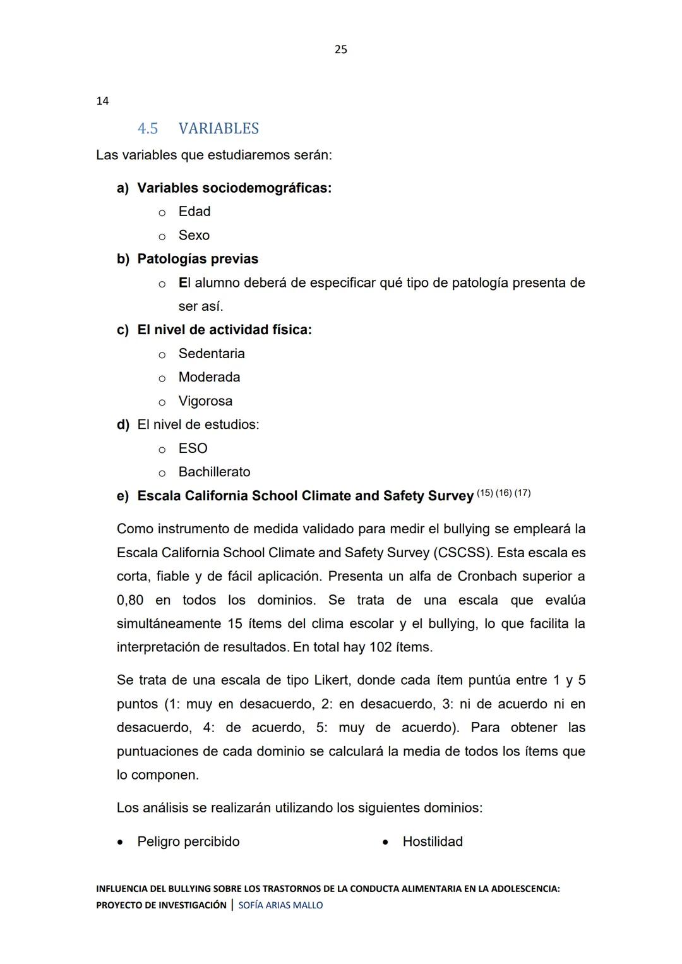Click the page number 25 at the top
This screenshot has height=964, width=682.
(x=340, y=49)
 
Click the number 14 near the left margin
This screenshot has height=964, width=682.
(x=102, y=101)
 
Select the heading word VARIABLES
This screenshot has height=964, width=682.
(x=218, y=128)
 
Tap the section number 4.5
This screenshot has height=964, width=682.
(x=148, y=128)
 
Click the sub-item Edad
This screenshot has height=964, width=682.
(x=194, y=212)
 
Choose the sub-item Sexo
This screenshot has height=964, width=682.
(x=194, y=236)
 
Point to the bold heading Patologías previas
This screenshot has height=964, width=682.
(x=198, y=259)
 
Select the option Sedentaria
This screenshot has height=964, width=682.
(x=212, y=354)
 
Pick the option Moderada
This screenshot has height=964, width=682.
(x=209, y=377)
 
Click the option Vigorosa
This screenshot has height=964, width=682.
(x=205, y=401)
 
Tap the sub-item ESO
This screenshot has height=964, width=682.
(x=193, y=449)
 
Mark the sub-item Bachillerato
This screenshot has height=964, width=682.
(x=214, y=472)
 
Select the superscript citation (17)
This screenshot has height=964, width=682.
(x=522, y=493)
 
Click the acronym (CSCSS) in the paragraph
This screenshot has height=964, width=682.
(x=463, y=553)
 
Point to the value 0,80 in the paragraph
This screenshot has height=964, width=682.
(x=130, y=600)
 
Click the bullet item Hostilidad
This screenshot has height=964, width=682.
(x=433, y=841)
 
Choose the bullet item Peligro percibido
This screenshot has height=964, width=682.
(x=188, y=841)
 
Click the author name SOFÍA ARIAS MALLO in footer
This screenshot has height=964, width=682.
(x=280, y=905)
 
